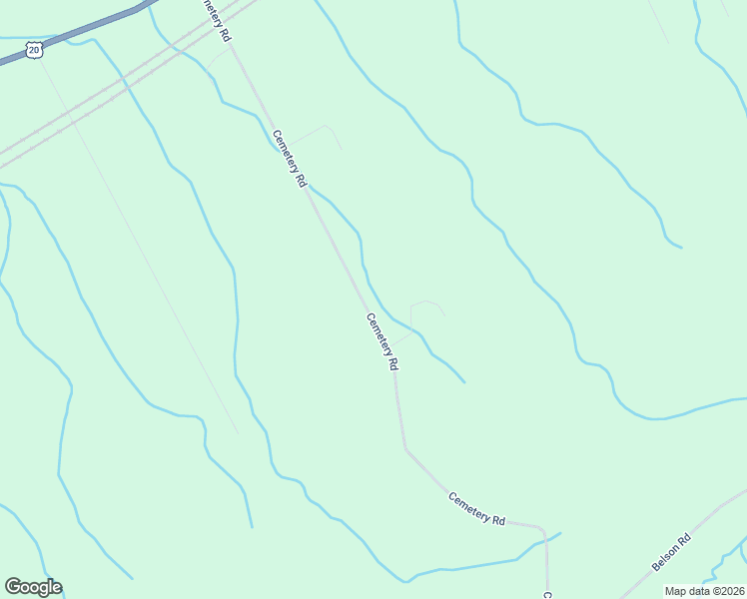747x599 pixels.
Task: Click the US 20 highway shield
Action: point(35,49)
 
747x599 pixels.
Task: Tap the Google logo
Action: point(33,587)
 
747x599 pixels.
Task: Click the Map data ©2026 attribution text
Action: point(705,591)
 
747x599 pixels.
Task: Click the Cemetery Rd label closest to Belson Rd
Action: point(477,509)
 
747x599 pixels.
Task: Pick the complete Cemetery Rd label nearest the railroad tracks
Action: point(288,160)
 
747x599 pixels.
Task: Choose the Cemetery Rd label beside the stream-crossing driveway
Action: point(381,342)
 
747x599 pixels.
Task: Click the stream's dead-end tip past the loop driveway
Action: point(464,381)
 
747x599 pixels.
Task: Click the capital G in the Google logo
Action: point(13,587)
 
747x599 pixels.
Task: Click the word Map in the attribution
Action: point(676,591)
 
